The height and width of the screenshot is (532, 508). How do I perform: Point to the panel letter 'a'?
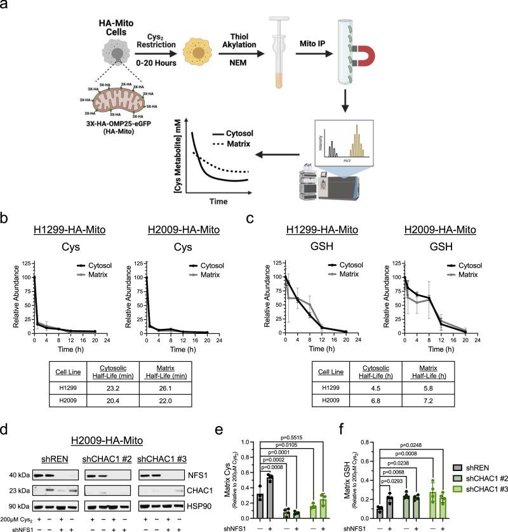coord(6,7)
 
